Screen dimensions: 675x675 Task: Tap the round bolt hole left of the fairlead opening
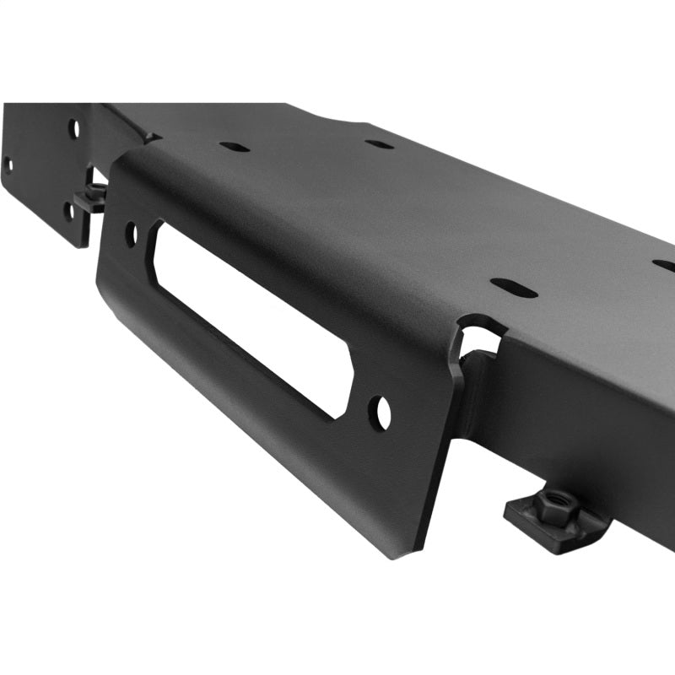131,234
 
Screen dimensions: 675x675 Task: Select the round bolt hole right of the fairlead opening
381,412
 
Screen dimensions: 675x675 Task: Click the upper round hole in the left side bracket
74,129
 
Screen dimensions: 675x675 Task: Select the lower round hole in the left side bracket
67,209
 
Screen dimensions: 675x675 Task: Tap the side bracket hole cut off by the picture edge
7,164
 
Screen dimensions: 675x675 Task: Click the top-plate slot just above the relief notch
514,288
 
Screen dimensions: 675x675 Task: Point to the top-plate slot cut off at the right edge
664,265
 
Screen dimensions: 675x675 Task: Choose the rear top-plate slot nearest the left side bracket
235,147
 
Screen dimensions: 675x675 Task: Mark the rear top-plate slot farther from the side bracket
379,143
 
